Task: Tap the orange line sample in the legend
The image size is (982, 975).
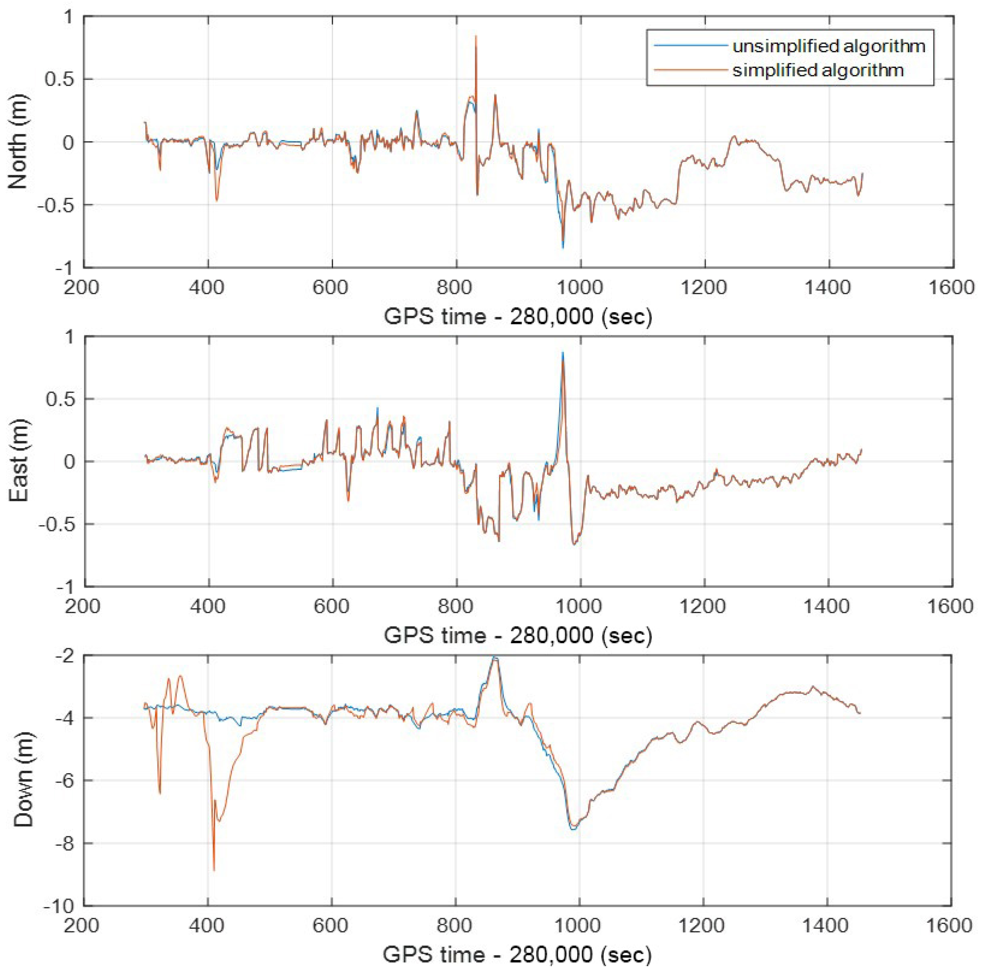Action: click(x=690, y=70)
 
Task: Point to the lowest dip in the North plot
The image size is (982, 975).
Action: click(x=563, y=248)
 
